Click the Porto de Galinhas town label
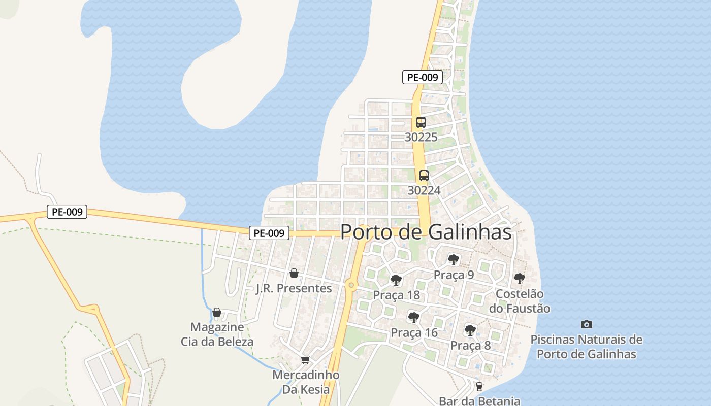(x=426, y=232)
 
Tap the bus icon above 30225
(x=421, y=122)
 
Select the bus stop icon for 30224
(x=424, y=176)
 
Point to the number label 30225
(x=421, y=137)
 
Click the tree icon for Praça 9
(x=454, y=260)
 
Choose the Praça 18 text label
(x=396, y=295)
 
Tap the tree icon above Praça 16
(x=414, y=318)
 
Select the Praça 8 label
(x=471, y=346)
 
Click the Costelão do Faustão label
(x=520, y=301)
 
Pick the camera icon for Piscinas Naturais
(x=587, y=324)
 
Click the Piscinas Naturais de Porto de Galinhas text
(x=587, y=347)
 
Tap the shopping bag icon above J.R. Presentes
(x=294, y=274)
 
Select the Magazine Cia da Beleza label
(x=217, y=334)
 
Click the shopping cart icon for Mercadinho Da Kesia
(x=305, y=360)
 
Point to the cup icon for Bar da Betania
(x=479, y=387)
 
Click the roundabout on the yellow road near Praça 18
(x=351, y=285)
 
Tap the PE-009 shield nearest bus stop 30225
(x=423, y=77)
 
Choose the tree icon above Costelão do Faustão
(x=519, y=278)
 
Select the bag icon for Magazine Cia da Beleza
(x=217, y=312)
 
